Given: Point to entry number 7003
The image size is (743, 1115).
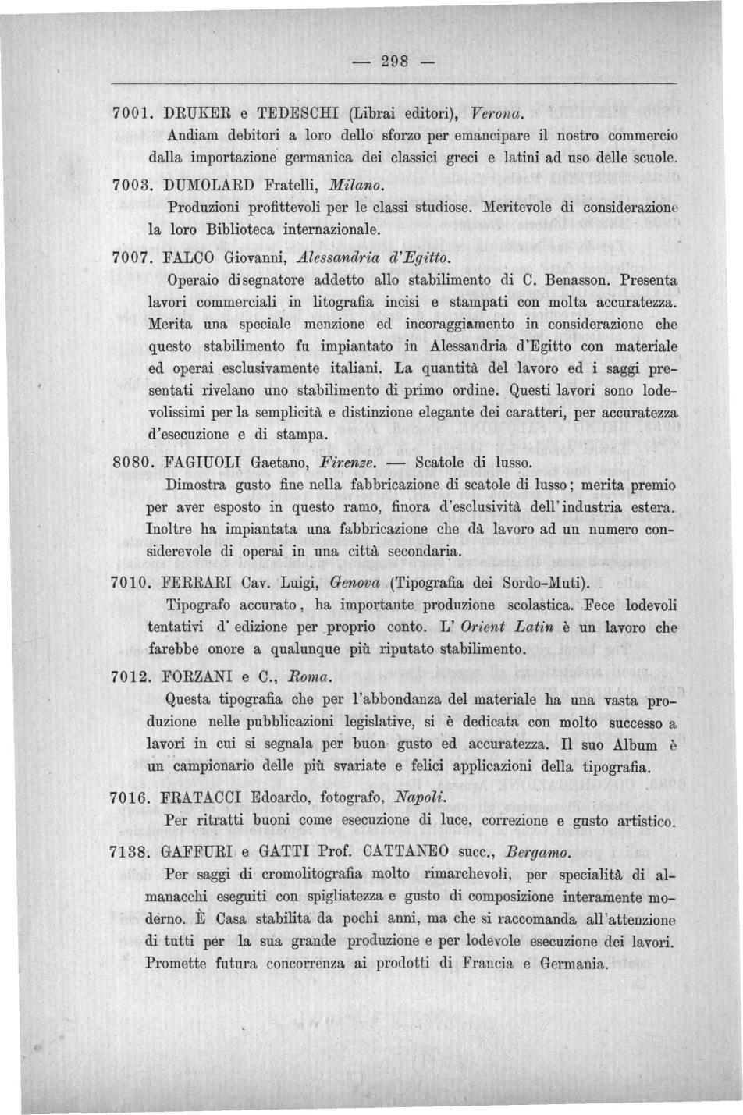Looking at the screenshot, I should [129, 186].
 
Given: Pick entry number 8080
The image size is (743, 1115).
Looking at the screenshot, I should [129, 462].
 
